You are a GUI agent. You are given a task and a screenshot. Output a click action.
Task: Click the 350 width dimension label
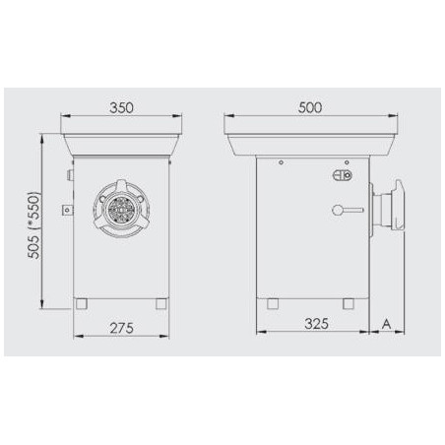coord(122,105)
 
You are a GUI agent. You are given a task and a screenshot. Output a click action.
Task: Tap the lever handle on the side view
coord(347,209)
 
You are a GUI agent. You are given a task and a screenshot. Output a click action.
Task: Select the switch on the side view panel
coord(344,176)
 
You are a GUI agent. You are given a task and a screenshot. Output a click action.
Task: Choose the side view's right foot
coord(348,301)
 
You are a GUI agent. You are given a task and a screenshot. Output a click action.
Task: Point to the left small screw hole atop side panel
coord(282,161)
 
